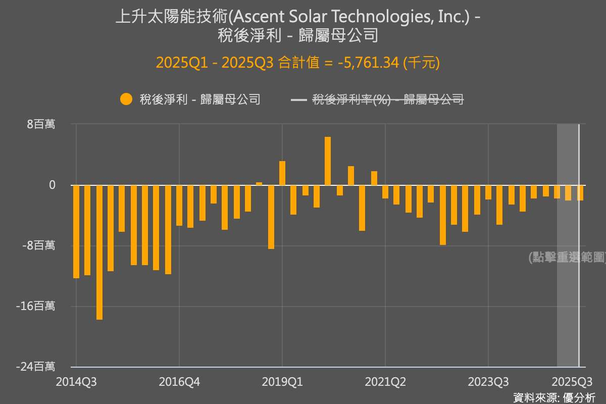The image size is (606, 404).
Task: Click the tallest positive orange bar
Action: pos(328,161)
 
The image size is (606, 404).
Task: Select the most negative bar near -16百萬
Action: pos(99,252)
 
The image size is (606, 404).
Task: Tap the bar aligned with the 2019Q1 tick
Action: pos(282,173)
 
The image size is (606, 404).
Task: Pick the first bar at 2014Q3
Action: pos(76,231)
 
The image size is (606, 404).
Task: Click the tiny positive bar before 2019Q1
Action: pos(259,183)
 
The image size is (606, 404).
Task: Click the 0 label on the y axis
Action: pos(53,185)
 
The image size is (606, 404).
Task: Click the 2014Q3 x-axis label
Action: pos(76,382)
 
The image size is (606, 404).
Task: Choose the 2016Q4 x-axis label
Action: pos(179,382)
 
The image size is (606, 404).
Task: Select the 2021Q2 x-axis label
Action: pos(385,382)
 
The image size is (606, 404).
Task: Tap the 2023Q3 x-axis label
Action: pos(488,382)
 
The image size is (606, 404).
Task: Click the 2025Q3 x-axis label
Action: pos(571,382)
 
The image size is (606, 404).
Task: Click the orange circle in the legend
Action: pos(126,99)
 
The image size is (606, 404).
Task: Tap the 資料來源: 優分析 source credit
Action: pos(554,397)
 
